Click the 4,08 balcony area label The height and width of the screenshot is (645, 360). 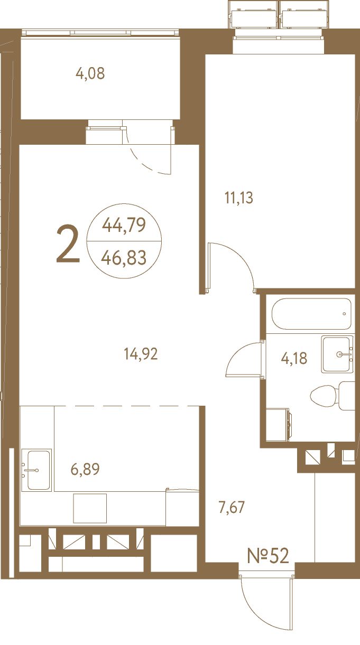click(x=90, y=73)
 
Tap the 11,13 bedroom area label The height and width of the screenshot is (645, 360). click(x=238, y=198)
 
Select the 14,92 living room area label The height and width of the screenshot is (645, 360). click(x=141, y=354)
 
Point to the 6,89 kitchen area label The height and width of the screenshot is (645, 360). click(x=85, y=469)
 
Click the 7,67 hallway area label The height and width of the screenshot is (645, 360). click(x=232, y=507)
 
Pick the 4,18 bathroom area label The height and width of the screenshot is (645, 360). click(x=294, y=359)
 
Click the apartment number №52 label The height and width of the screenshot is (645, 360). click(x=268, y=556)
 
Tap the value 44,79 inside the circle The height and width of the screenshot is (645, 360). click(x=124, y=225)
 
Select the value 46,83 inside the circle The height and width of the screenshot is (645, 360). click(x=124, y=257)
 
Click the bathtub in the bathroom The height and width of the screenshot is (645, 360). click(x=311, y=314)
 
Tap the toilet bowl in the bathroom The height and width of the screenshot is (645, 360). click(x=324, y=396)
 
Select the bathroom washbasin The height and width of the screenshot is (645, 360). click(x=337, y=354)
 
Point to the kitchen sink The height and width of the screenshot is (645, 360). click(x=36, y=470)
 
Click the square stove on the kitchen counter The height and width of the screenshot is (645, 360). click(x=90, y=508)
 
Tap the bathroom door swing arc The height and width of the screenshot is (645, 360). click(x=236, y=353)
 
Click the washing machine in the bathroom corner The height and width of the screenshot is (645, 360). click(x=278, y=425)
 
